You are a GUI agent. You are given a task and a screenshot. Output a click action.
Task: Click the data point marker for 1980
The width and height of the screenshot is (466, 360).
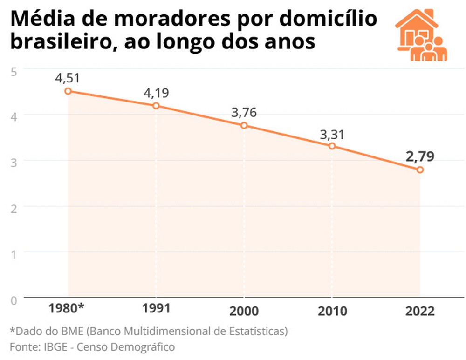68,91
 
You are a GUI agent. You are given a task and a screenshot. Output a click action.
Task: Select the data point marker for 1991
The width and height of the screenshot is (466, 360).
156,106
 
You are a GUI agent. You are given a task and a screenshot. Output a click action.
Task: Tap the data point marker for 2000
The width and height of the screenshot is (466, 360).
244,125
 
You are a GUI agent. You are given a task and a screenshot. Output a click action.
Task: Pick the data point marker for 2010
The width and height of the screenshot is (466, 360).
332,146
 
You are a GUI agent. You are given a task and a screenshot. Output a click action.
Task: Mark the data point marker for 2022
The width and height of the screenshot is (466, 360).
420,170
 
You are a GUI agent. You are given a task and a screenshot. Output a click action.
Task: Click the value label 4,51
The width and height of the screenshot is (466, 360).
68,78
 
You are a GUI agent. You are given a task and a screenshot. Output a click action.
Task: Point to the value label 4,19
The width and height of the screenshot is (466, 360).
156,93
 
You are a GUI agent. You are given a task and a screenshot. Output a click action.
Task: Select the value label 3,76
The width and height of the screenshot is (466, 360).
244,113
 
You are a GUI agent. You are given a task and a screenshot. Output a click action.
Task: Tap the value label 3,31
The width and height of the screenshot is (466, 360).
332,135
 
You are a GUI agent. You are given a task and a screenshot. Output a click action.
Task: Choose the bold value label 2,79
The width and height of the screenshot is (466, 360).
420,156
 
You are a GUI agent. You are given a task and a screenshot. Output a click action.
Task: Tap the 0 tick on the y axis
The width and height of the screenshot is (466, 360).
14,300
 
